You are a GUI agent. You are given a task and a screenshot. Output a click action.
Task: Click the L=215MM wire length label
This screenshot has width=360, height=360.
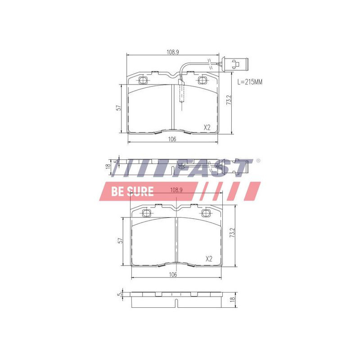point(250,82)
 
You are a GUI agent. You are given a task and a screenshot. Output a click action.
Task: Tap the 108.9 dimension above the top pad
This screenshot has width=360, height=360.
point(173,52)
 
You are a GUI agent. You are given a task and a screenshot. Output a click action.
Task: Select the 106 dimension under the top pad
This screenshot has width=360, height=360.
point(172,139)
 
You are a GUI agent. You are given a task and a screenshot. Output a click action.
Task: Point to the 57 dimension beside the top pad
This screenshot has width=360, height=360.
point(118,108)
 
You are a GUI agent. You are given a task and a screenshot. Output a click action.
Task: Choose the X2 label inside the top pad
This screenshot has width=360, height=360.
point(207,127)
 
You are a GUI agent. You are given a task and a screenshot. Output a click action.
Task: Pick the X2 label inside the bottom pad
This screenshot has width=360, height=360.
point(209,259)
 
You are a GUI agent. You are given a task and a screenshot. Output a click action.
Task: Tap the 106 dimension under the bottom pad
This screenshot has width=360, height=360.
point(173,274)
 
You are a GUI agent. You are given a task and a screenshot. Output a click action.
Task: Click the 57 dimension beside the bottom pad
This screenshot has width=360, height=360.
point(120,241)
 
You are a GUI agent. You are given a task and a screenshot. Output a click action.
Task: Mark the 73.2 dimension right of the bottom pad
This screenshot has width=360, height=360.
point(232,233)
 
